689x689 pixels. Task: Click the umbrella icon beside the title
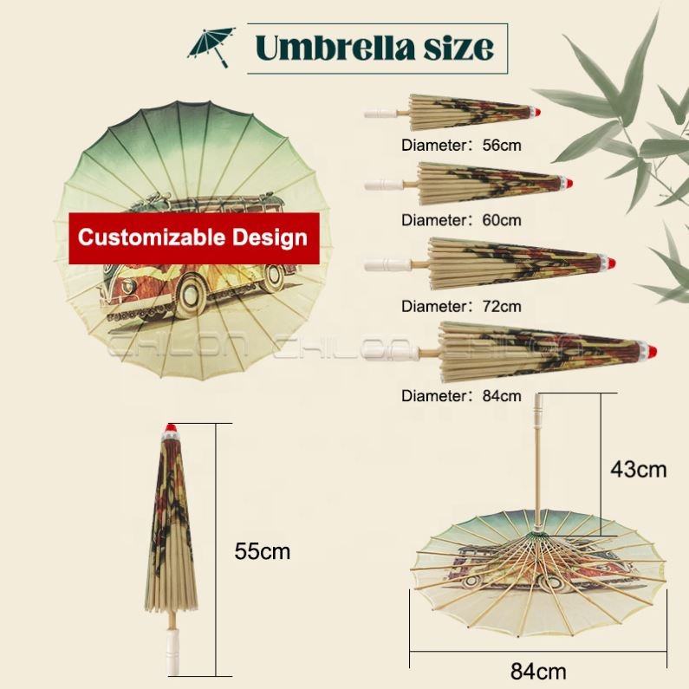click(x=211, y=46)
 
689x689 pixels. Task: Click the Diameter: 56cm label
click(x=461, y=145)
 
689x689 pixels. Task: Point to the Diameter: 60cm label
click(x=461, y=220)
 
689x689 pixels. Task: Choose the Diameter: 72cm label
click(x=461, y=306)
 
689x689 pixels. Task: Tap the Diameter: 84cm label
click(x=461, y=396)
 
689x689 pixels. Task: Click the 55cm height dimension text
click(x=262, y=550)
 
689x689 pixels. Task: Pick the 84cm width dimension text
click(x=538, y=670)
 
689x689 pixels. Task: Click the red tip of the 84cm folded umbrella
click(x=651, y=354)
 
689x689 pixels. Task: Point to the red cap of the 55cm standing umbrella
click(x=171, y=430)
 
